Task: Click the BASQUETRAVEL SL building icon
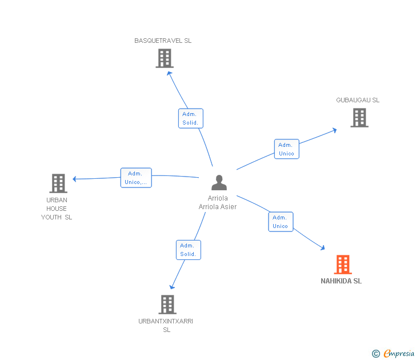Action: point(165,58)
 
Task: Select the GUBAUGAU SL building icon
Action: point(359,118)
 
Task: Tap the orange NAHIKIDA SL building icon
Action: point(343,265)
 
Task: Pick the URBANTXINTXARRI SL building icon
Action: point(167,305)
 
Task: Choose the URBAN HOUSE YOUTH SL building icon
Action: point(58,183)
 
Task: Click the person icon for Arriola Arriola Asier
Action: point(219,182)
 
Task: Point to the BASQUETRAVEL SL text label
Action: point(163,41)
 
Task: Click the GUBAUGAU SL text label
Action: point(358,100)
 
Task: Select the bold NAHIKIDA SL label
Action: point(341,281)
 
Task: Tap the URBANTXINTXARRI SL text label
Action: point(166,325)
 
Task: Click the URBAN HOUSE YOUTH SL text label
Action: point(57,209)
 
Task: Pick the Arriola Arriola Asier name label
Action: point(218,202)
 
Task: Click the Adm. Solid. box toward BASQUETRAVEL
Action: point(191,118)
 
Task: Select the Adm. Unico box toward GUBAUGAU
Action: point(286,149)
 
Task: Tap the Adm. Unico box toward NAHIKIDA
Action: point(281,222)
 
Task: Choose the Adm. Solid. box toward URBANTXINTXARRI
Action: point(189,250)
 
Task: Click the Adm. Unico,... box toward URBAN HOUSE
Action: point(136,178)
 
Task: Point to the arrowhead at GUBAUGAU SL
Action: point(335,130)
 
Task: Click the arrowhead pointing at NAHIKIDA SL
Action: point(323,248)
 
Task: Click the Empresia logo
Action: point(393,353)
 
